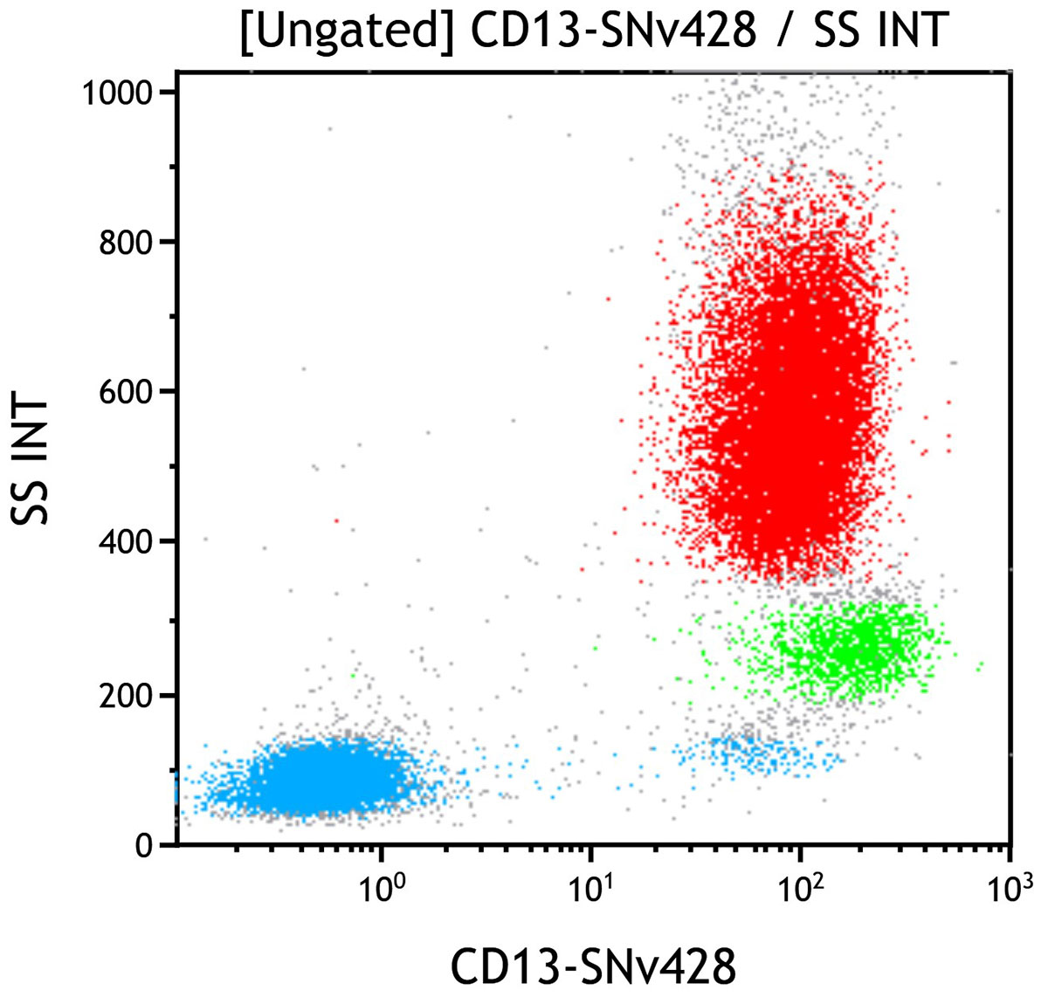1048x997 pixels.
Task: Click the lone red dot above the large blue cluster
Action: tap(336, 520)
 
